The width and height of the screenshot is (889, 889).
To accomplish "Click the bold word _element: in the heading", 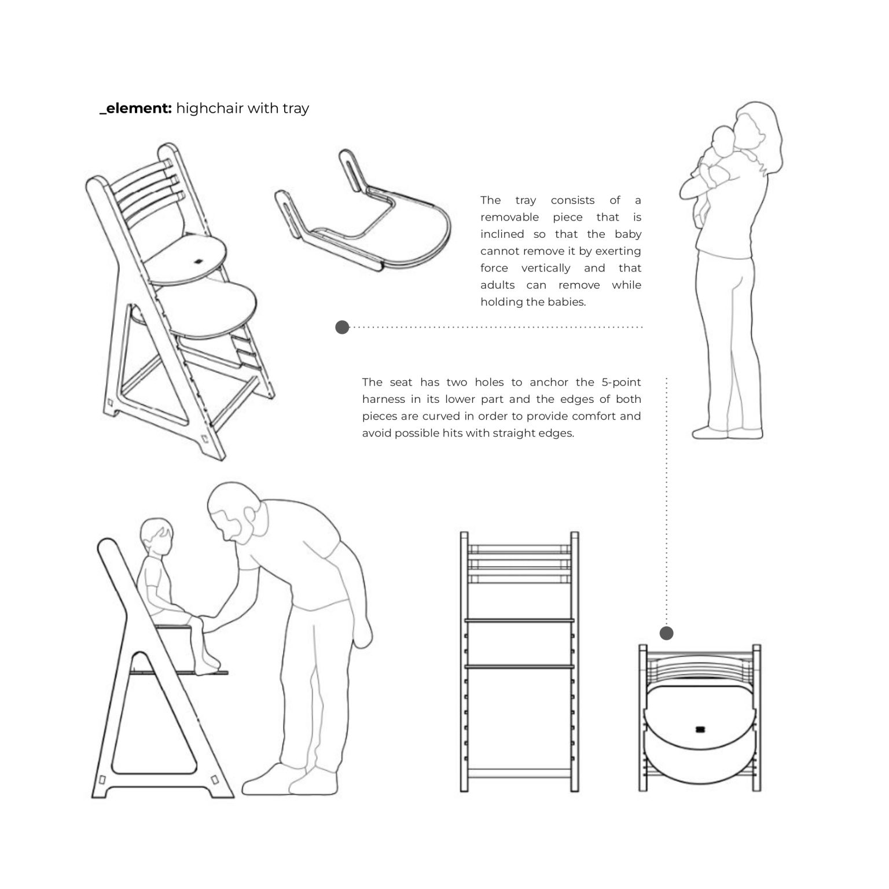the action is pos(135,108).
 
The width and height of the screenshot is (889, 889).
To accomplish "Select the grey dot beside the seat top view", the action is pos(667,633).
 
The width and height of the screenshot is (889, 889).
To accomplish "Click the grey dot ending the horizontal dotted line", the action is pos(342,327).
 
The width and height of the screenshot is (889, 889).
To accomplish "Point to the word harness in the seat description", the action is pos(384,399).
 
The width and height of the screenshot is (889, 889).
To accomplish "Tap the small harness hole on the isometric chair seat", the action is pos(199,260).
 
